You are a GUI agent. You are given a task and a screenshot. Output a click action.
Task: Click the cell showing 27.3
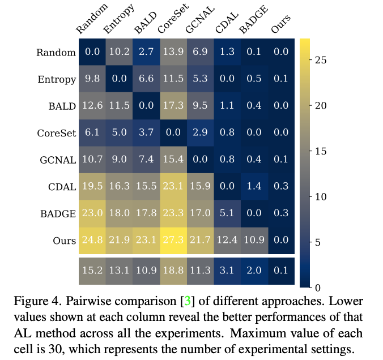[173, 241]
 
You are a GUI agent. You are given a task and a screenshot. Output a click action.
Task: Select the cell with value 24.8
[92, 241]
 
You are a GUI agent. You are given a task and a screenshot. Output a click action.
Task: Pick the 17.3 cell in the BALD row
[173, 106]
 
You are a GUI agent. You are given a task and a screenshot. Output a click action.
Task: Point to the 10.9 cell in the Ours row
[253, 241]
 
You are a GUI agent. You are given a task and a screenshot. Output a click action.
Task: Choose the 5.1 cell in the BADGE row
[227, 213]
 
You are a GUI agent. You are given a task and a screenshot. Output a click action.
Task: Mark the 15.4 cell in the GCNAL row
[173, 160]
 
